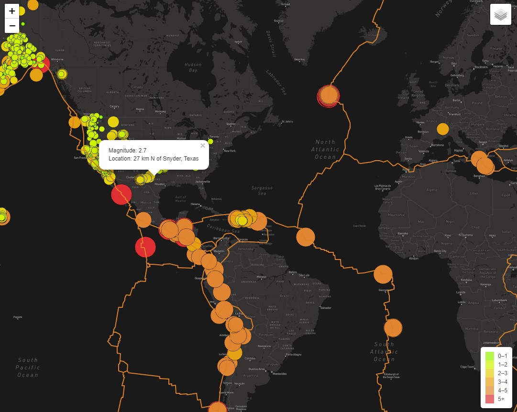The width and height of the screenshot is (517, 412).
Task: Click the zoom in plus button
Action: tap(12, 11)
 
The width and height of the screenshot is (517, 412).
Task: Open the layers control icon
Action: tap(500, 14)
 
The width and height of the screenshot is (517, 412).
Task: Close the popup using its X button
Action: tap(203, 146)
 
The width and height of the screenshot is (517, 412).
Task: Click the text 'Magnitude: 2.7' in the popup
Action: tap(127, 151)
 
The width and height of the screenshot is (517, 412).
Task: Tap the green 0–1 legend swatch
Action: tap(489, 356)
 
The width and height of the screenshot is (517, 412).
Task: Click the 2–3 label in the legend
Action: tap(503, 373)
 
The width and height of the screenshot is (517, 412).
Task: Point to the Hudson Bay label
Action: tap(193, 67)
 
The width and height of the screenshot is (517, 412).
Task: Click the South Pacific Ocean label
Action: tap(28, 368)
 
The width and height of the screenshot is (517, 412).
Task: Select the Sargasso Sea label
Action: tap(262, 191)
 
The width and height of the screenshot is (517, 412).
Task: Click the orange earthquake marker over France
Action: tap(443, 129)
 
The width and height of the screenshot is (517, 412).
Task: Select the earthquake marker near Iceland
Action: tap(329, 96)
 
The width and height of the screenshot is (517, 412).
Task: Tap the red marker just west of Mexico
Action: tap(121, 195)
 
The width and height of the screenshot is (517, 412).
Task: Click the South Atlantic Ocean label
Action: tap(384, 351)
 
